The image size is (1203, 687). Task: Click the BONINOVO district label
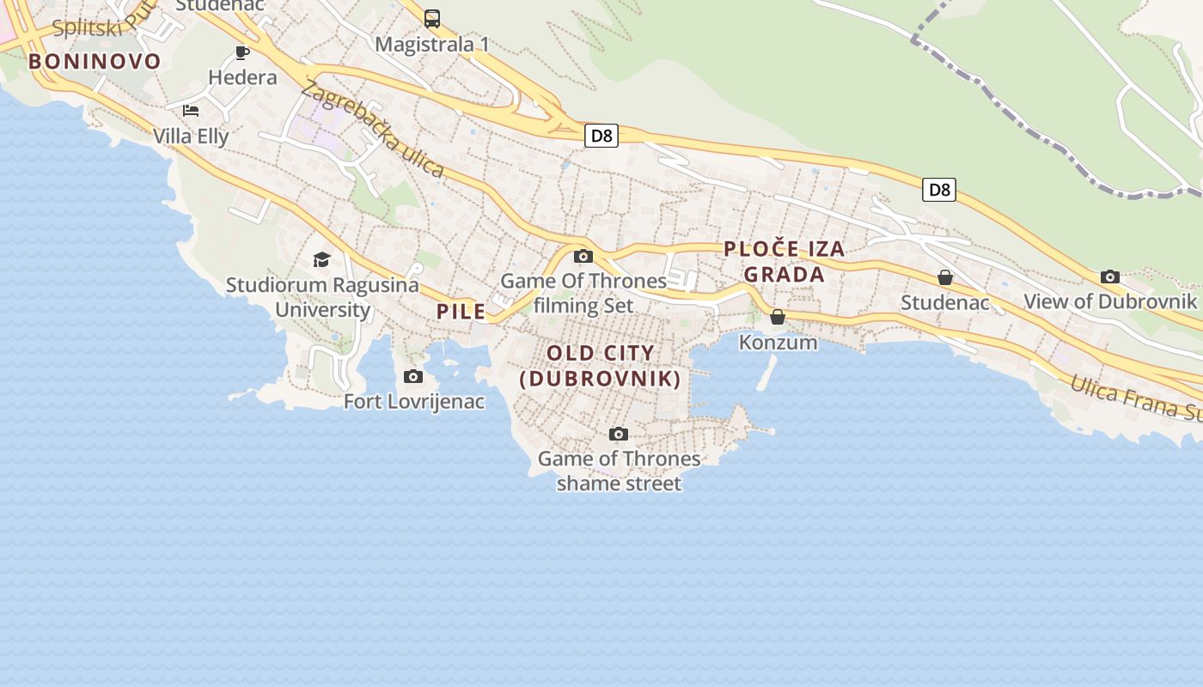click(x=95, y=61)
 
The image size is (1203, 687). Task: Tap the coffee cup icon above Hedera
click(x=242, y=52)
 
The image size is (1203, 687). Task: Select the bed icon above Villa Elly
click(x=191, y=111)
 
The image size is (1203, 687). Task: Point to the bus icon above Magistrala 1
click(x=432, y=18)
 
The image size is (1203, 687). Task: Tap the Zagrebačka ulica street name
click(x=372, y=129)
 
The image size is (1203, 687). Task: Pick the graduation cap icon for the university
click(x=321, y=259)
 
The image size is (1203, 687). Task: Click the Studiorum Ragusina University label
click(x=322, y=297)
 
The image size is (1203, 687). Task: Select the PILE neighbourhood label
click(x=461, y=312)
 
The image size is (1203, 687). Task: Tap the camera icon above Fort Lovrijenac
click(x=413, y=376)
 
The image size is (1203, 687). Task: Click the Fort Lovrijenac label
click(x=414, y=401)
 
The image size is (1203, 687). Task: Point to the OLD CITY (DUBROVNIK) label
click(x=601, y=366)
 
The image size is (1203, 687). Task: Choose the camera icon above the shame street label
click(x=619, y=434)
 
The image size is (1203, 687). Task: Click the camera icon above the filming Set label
click(x=583, y=256)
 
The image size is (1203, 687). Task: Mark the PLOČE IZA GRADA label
click(x=784, y=262)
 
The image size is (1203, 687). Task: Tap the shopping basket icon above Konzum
click(x=778, y=317)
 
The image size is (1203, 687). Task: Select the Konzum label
click(x=779, y=342)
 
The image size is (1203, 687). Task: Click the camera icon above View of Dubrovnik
click(x=1110, y=277)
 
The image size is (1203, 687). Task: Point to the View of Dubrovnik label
click(x=1110, y=301)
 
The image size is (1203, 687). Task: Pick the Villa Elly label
click(x=191, y=136)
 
